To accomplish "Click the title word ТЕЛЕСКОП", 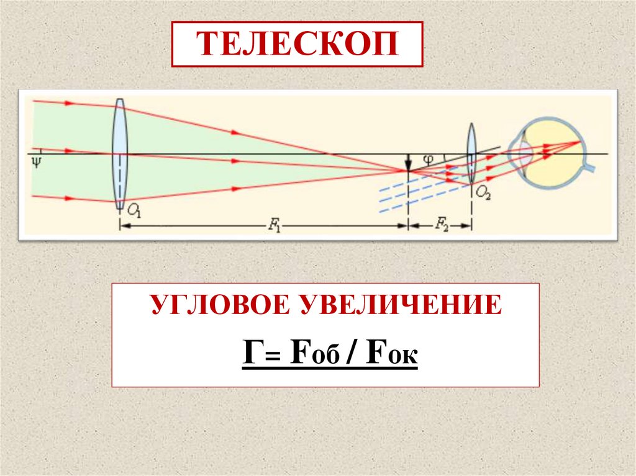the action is click(x=297, y=44).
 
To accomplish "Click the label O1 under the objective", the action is click(x=134, y=211).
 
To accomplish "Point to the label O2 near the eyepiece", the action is click(x=483, y=194).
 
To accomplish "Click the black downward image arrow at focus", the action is click(x=408, y=163).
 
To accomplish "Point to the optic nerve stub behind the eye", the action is click(x=593, y=168).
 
